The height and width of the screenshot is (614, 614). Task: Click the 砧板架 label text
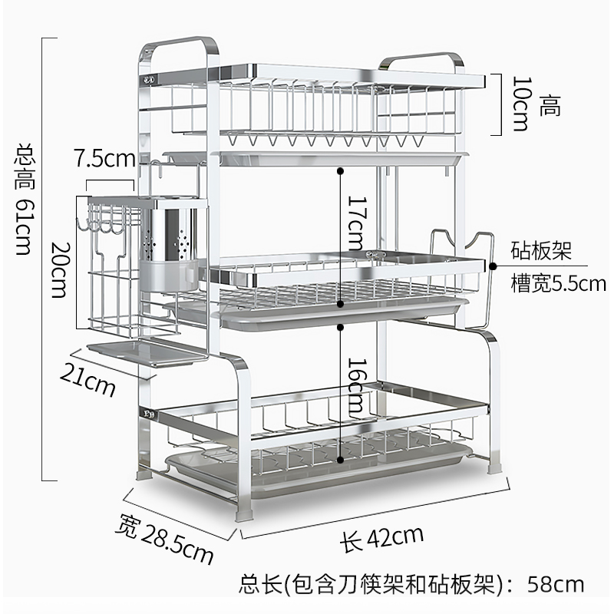coord(541,251)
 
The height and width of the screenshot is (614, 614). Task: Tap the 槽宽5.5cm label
coord(558,283)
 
